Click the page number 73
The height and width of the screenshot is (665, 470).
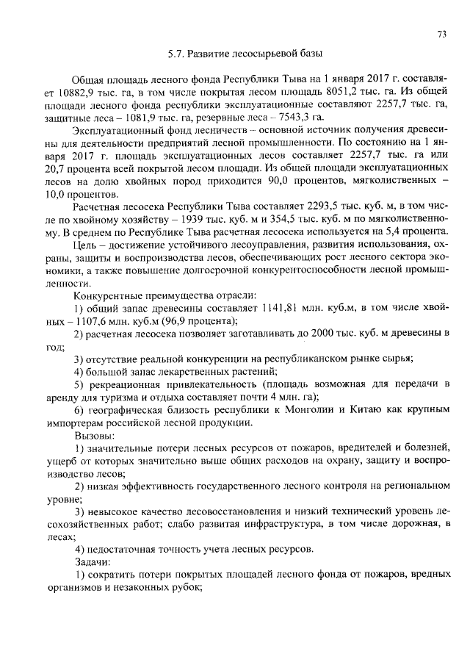tap(441, 34)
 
